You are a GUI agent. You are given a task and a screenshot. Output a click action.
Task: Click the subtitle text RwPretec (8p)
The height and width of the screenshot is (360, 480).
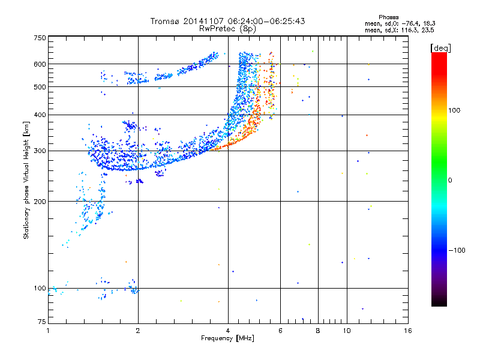227,29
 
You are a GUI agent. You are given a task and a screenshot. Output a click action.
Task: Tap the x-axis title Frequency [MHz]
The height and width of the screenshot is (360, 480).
227,338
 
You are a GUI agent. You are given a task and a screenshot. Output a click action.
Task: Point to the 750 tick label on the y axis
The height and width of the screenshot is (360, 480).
40,38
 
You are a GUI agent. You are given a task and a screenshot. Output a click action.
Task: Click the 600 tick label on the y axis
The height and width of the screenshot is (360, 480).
40,64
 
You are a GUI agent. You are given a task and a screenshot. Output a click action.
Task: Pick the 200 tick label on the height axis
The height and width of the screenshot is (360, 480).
40,202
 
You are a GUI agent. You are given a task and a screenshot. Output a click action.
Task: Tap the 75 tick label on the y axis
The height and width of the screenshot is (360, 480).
42,322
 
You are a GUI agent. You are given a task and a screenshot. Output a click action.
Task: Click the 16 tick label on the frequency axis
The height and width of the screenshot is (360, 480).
408,331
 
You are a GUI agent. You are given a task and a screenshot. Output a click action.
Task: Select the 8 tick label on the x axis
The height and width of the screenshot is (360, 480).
318,331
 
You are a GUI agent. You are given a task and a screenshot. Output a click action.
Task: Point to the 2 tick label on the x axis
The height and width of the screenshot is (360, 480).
138,331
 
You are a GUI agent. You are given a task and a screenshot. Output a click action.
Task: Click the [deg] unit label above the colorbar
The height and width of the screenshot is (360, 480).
440,48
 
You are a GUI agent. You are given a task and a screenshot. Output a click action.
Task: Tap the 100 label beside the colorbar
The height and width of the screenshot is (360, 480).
454,110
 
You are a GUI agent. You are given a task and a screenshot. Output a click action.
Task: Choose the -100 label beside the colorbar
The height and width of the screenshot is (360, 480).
457,250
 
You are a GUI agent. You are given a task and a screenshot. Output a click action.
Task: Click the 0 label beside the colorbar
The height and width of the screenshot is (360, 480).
450,181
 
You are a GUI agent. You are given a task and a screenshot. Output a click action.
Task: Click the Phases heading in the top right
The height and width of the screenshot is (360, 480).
388,17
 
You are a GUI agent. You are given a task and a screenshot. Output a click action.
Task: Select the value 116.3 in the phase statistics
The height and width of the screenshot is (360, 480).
409,31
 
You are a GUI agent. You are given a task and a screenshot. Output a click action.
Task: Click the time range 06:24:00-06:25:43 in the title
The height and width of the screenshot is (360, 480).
266,21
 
